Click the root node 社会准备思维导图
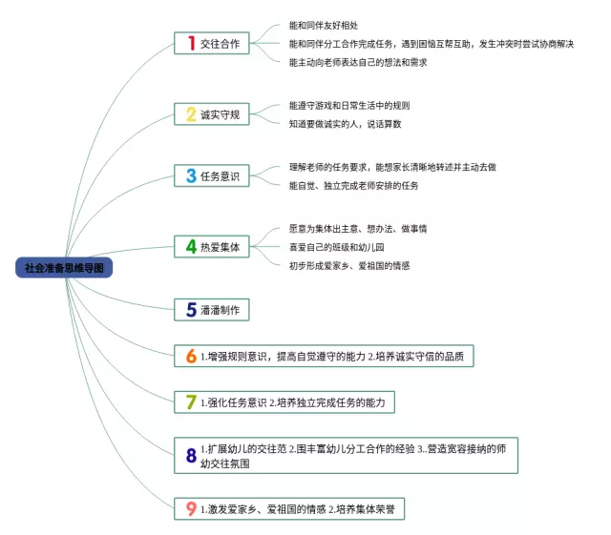(64, 268)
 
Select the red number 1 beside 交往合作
(191, 43)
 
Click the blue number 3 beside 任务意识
(191, 175)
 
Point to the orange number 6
(191, 357)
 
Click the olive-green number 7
(191, 402)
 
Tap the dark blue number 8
(191, 455)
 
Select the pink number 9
(191, 509)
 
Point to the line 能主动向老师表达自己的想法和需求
(357, 62)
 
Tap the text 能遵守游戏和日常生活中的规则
(348, 105)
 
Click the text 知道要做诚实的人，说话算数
(345, 123)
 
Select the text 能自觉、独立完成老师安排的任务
(353, 185)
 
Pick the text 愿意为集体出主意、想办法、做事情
(357, 229)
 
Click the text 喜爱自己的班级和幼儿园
(340, 247)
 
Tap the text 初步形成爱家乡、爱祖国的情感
(348, 265)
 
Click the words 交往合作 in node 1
(221, 44)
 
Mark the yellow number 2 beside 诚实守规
(191, 114)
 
